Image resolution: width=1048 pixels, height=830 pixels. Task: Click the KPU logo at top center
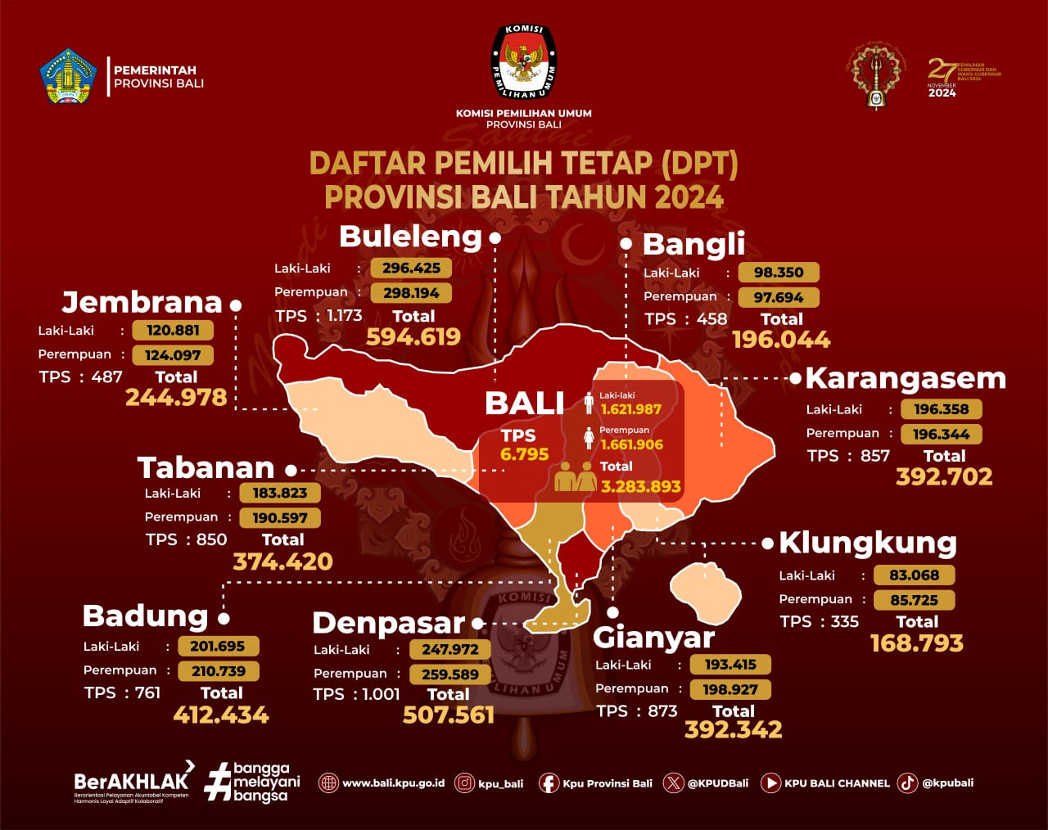coord(524,63)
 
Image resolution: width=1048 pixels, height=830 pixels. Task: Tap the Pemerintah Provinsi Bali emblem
coord(68,77)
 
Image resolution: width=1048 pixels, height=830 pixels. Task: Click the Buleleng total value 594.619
coord(413,336)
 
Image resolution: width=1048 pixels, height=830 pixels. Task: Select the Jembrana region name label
coord(142,302)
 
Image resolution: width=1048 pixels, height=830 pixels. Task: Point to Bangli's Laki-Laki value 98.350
coord(779,273)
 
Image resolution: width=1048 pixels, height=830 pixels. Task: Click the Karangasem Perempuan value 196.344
coord(941,434)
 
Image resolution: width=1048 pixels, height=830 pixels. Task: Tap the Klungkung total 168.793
coord(916,643)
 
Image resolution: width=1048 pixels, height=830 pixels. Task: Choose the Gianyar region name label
coord(653,637)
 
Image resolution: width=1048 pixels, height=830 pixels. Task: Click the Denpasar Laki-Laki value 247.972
coord(450,649)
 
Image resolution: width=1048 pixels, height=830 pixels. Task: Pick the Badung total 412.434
coord(221,715)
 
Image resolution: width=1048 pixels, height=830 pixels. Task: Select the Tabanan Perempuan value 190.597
coord(280,518)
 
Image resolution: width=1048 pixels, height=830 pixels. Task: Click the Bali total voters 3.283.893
coord(641,487)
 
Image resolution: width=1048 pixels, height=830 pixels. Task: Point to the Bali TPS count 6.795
coord(524,454)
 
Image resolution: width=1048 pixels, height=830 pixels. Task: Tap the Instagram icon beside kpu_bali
coord(464,783)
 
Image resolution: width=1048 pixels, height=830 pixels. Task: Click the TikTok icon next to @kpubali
coord(907,783)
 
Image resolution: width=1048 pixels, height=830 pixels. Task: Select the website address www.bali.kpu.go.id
coord(393,783)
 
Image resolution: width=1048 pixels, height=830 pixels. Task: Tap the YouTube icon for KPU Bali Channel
coord(770,783)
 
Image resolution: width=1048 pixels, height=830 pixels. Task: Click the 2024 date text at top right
coord(942,93)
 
